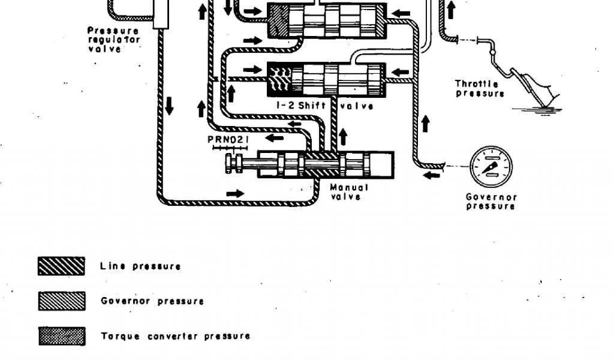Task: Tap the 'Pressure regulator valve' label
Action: point(113,40)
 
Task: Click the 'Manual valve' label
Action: point(349,191)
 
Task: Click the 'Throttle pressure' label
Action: point(480,89)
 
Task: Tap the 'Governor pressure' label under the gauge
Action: point(491,201)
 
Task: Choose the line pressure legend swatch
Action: point(61,266)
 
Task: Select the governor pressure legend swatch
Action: point(61,301)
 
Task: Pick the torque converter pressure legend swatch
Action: point(61,336)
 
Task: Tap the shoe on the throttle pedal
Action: point(543,90)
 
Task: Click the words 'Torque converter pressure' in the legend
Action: point(175,336)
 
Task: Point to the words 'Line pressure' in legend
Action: point(140,266)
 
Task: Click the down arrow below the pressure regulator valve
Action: point(169,106)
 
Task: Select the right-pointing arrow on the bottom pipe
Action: point(236,194)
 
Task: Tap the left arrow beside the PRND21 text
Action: point(275,139)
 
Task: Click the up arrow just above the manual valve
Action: point(343,136)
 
